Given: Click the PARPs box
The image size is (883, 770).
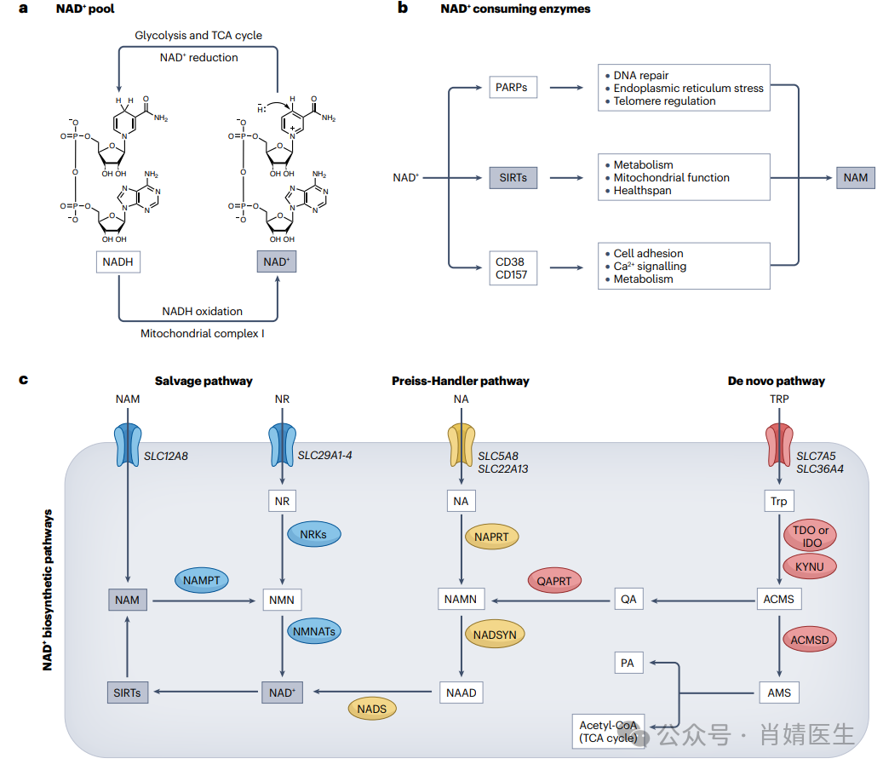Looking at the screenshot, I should [513, 87].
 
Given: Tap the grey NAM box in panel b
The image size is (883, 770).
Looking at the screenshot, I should [856, 177].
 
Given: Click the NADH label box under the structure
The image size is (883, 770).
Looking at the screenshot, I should [118, 261].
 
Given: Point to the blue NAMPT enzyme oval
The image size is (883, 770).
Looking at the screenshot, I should [201, 580].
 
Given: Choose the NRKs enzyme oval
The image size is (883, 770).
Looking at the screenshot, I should [313, 534].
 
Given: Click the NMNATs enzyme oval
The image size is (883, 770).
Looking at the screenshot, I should [313, 632].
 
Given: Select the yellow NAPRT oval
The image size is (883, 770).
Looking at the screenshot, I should [492, 537].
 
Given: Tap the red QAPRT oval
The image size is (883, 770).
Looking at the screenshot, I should [555, 581].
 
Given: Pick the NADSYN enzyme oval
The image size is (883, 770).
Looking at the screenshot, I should [495, 634].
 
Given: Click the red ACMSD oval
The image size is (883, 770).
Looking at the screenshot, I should [809, 638].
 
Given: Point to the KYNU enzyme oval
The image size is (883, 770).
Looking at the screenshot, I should [809, 566].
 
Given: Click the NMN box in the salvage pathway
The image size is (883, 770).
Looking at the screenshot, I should [281, 600].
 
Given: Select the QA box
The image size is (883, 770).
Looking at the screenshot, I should [628, 599].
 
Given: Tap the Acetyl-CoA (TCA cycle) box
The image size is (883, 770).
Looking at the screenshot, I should [608, 732].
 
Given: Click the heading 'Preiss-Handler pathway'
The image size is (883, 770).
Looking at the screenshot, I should [461, 381].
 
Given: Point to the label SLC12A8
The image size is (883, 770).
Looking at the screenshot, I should [165, 456].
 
